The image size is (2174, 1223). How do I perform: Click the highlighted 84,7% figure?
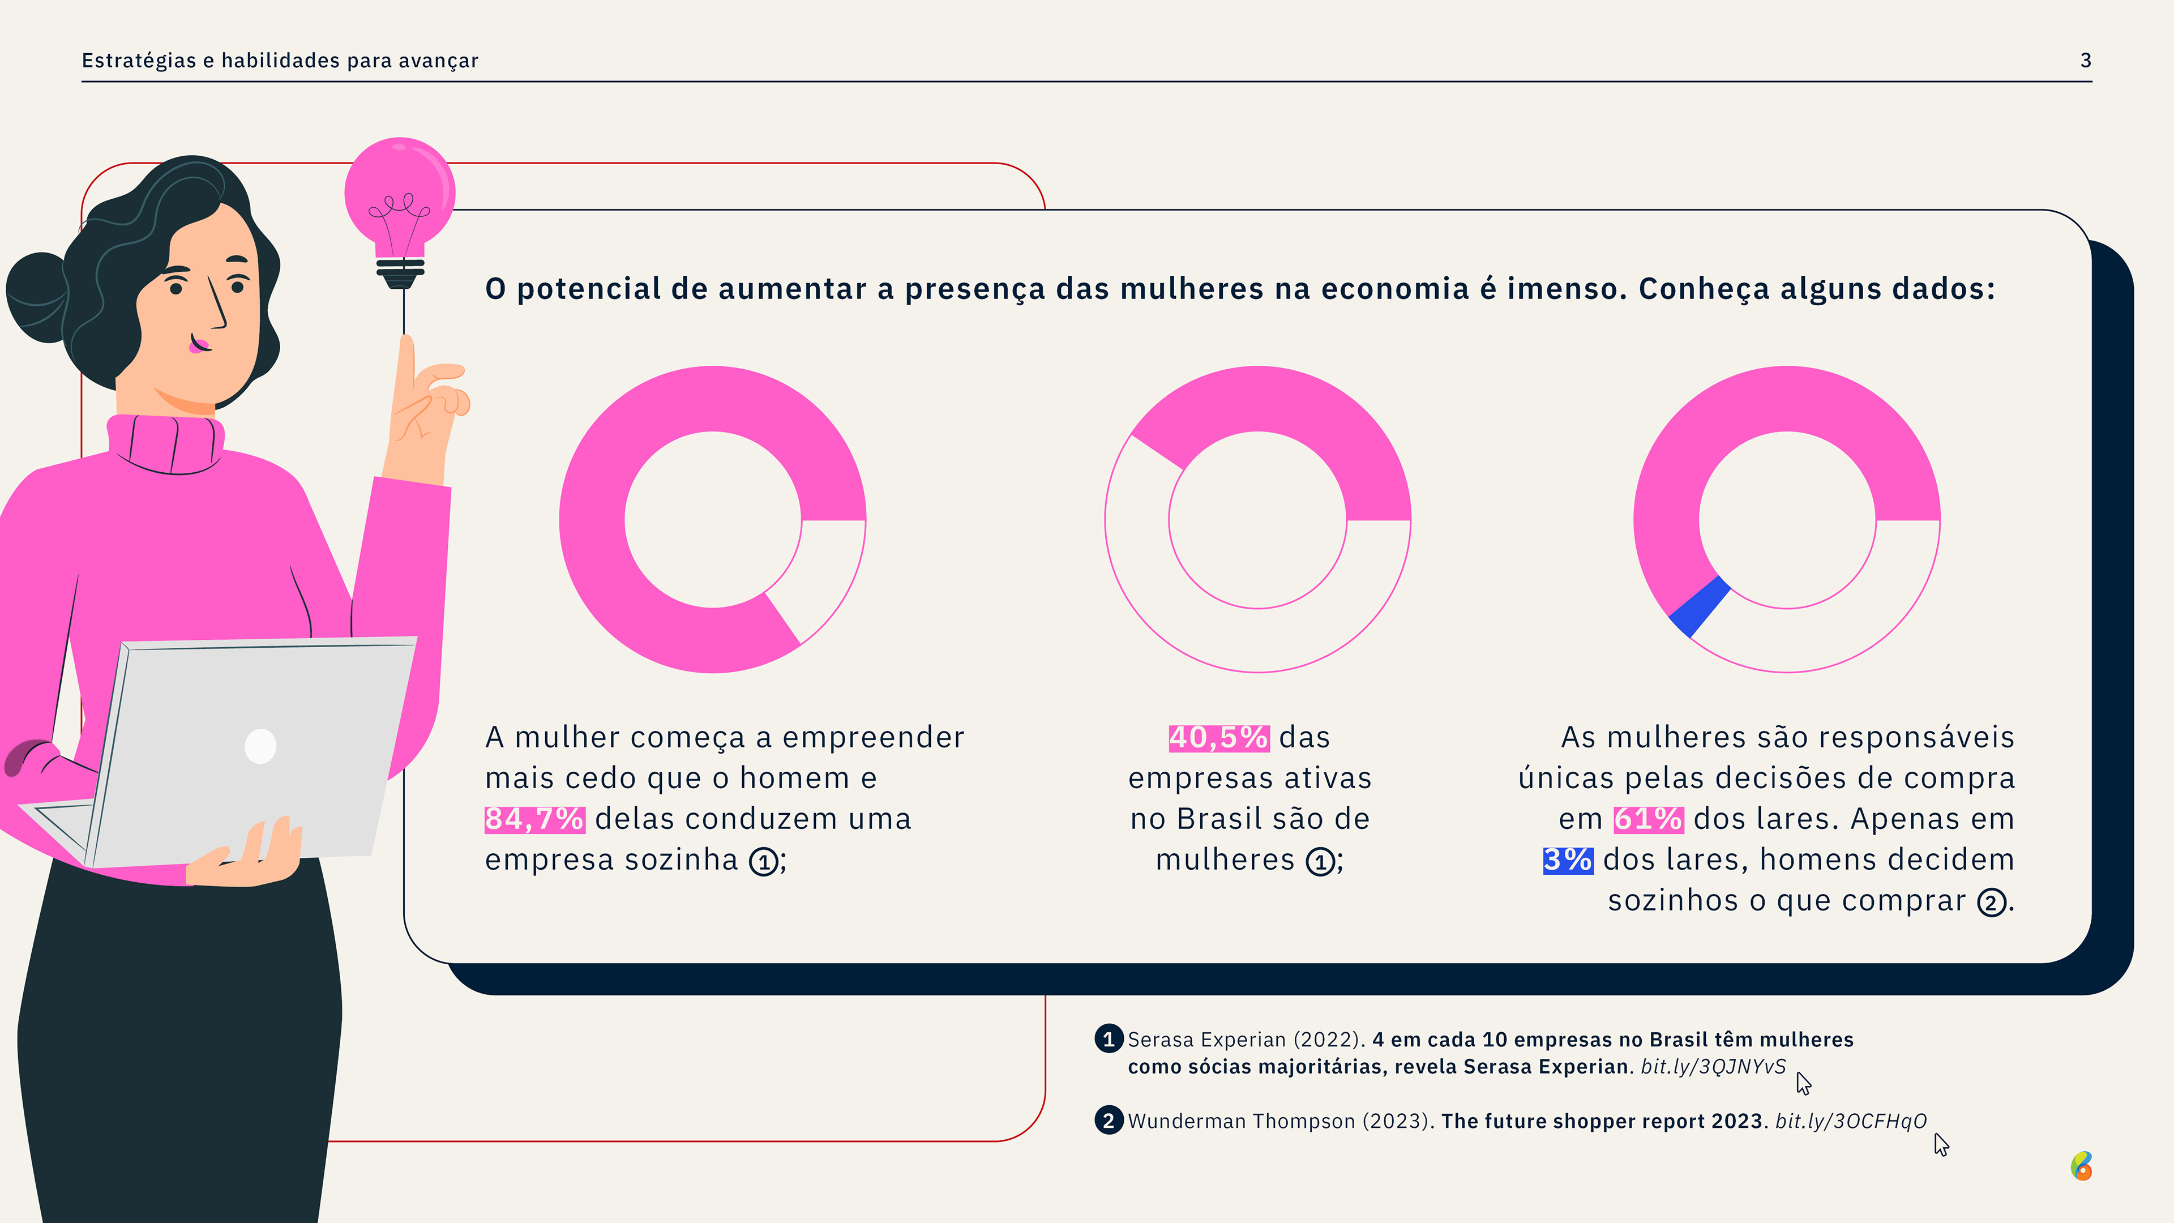(x=534, y=819)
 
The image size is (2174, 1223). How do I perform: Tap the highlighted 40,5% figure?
(x=1218, y=738)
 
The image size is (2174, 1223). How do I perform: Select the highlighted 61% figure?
(x=1647, y=819)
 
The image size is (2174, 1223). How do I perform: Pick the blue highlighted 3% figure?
(x=1567, y=860)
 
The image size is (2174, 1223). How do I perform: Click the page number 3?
(x=2085, y=61)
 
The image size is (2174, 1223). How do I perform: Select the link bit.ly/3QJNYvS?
(x=1713, y=1067)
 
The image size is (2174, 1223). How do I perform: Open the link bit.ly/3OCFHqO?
(x=1851, y=1122)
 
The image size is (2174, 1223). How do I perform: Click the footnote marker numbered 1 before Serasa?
(x=1108, y=1039)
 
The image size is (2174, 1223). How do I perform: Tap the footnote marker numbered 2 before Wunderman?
(x=1108, y=1121)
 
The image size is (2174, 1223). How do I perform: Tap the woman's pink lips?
(x=199, y=344)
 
